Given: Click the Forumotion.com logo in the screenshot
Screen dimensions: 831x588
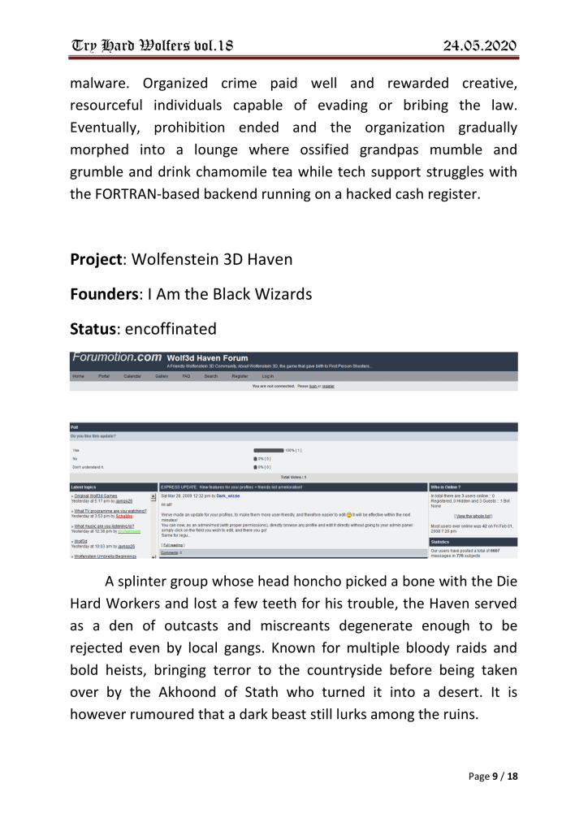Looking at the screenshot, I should [117, 357].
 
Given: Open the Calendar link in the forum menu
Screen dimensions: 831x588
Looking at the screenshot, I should [132, 376].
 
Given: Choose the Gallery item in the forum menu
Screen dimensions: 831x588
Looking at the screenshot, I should [162, 376].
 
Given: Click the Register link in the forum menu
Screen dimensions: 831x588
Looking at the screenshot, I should [240, 376].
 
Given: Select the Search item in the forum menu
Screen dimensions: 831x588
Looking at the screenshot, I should [210, 376].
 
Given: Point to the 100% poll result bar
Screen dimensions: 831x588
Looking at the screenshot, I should [268, 449].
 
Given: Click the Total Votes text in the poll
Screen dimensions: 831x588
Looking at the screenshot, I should [293, 477].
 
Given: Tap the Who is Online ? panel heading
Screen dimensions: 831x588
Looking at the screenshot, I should [446, 487].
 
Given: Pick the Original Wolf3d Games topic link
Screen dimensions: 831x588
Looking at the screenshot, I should [96, 495].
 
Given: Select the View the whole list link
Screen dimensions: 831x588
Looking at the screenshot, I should [473, 516].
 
